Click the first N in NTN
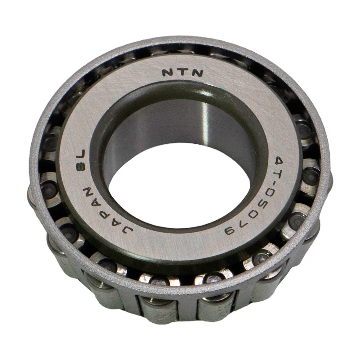(167, 73)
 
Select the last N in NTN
(197, 73)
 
